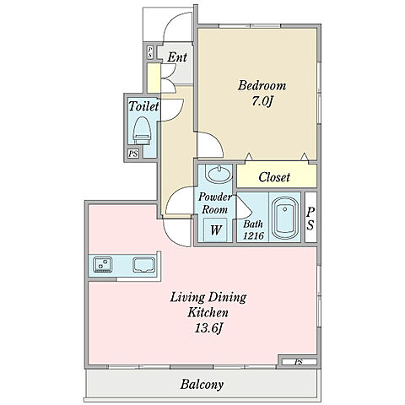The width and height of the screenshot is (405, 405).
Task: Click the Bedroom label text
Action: pyautogui.click(x=262, y=85)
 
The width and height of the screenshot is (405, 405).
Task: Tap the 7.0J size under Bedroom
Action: pyautogui.click(x=262, y=101)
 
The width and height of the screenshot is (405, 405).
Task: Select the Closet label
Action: pyautogui.click(x=274, y=177)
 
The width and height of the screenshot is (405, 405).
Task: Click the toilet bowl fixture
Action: pyautogui.click(x=142, y=131)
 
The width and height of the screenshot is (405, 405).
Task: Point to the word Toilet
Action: pyautogui.click(x=143, y=106)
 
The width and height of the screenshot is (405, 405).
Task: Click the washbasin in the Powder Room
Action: pyautogui.click(x=219, y=173)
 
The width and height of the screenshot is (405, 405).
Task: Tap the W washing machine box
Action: pyautogui.click(x=216, y=229)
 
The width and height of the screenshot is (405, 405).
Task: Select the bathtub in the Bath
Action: pyautogui.click(x=285, y=218)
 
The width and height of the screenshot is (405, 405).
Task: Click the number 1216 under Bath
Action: pyautogui.click(x=253, y=235)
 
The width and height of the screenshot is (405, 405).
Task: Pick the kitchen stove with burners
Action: pyautogui.click(x=103, y=264)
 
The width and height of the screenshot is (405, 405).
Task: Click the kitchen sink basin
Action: pyautogui.click(x=143, y=265)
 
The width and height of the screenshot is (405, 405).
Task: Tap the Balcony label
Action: pyautogui.click(x=202, y=384)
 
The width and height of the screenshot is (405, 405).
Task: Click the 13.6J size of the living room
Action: pyautogui.click(x=208, y=328)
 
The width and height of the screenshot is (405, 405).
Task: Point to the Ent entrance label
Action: pyautogui.click(x=177, y=57)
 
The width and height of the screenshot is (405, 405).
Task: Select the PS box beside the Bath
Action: pyautogui.click(x=310, y=217)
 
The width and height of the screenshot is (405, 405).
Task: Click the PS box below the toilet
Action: pyautogui.click(x=133, y=154)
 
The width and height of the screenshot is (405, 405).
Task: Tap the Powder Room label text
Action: pyautogui.click(x=215, y=203)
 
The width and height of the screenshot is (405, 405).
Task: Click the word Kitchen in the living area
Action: pyautogui.click(x=208, y=312)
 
